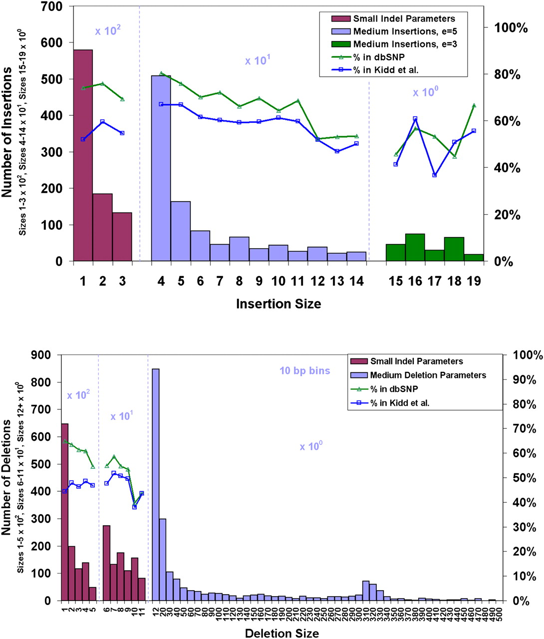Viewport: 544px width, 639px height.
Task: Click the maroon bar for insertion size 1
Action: pos(83,155)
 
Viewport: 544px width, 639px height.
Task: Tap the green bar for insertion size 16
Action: pos(415,248)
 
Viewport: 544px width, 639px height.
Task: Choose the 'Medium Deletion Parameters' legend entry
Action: pos(428,375)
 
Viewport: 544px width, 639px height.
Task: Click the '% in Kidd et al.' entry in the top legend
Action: pos(386,70)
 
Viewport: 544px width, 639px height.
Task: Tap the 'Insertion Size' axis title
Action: pos(278,304)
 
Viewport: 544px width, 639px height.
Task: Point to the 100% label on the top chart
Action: pos(511,28)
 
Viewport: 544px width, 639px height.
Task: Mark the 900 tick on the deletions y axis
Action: pos(41,355)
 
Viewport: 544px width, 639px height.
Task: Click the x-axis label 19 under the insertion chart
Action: pos(474,281)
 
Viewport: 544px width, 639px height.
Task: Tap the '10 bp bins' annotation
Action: pos(304,371)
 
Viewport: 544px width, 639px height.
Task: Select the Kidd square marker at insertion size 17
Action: pos(435,175)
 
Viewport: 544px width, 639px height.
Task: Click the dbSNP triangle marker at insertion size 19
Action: pos(474,105)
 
